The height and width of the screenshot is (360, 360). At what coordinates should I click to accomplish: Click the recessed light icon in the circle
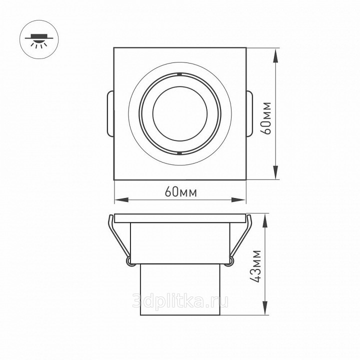click(39, 40)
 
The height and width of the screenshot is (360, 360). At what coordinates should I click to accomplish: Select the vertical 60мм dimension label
click(266, 118)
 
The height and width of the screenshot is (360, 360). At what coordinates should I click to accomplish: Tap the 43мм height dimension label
click(256, 266)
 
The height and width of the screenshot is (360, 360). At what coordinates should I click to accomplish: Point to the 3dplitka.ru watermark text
click(180, 300)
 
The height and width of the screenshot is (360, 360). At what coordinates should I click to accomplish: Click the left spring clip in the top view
click(110, 113)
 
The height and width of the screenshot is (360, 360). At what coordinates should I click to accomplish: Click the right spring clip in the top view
click(249, 113)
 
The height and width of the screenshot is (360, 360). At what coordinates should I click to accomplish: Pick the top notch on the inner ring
click(180, 74)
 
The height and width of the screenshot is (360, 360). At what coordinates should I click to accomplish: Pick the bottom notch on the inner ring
click(180, 152)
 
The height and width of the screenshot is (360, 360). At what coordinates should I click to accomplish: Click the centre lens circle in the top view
click(180, 113)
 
